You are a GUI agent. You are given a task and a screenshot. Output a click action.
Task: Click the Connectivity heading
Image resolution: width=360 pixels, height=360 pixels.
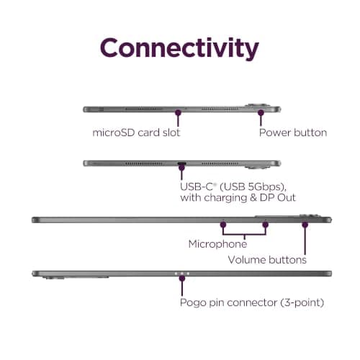tap(179, 48)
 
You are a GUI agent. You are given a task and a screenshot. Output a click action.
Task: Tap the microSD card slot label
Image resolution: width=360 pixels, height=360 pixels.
tap(136, 132)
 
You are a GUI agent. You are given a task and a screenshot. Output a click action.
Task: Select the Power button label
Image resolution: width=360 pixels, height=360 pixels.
tap(293, 132)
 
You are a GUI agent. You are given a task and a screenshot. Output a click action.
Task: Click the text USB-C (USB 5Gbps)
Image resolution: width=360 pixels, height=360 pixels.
tap(233, 186)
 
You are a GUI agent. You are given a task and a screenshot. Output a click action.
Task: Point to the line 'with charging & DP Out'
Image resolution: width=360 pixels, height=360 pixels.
tap(238, 198)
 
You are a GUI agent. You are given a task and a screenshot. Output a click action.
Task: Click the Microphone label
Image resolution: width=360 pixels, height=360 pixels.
tap(217, 244)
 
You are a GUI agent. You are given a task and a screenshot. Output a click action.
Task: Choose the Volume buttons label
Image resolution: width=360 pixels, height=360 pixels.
tap(267, 260)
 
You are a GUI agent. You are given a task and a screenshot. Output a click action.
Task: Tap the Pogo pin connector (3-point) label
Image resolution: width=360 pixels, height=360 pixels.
tap(252, 302)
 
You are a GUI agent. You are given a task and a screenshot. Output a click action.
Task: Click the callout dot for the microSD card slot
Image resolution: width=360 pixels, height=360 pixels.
tap(178, 112)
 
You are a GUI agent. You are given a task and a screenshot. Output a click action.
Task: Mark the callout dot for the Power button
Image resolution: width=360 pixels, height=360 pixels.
tap(261, 112)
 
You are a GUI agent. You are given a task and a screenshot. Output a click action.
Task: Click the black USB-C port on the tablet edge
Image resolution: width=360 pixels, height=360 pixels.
tap(181, 163)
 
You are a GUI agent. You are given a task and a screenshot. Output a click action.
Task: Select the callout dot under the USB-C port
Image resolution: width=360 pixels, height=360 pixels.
tap(181, 168)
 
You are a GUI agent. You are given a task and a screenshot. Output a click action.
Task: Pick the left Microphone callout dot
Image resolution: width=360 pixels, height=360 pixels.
tap(223, 225)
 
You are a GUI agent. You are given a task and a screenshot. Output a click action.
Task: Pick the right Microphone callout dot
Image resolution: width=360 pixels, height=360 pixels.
tap(265, 225)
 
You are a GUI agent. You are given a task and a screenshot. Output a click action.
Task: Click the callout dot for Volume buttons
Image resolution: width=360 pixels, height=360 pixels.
tap(305, 225)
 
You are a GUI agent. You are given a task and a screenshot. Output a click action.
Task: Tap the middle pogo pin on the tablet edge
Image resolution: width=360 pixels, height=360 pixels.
tap(182, 274)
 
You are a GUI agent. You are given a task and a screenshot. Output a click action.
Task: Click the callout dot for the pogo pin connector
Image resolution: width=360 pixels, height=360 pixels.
tap(182, 278)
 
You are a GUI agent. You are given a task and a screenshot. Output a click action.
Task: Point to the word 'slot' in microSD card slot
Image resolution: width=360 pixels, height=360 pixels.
tap(171, 132)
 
